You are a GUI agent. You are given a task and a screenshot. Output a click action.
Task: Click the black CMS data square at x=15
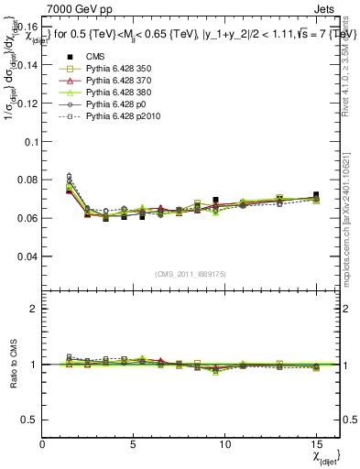click(x=316, y=195)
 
